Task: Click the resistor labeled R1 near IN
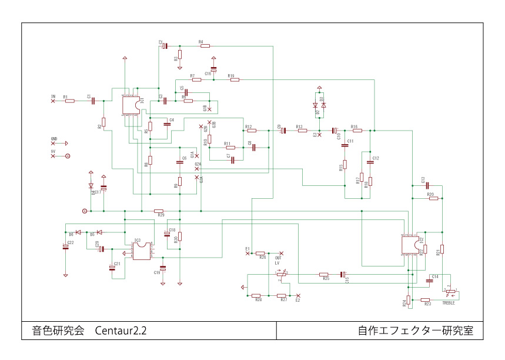(70, 101)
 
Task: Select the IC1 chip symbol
(133, 105)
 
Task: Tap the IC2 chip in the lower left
(141, 251)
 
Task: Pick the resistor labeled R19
(235, 80)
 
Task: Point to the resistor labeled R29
(158, 211)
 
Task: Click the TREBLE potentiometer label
(449, 302)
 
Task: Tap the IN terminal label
(53, 96)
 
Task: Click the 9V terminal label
(53, 151)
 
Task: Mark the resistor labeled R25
(324, 274)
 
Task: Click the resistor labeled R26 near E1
(261, 253)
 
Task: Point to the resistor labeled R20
(433, 198)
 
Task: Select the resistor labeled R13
(302, 131)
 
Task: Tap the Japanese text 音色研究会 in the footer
(58, 331)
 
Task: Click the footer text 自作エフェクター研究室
(416, 331)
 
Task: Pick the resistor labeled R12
(252, 131)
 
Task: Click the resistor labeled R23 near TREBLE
(426, 300)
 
